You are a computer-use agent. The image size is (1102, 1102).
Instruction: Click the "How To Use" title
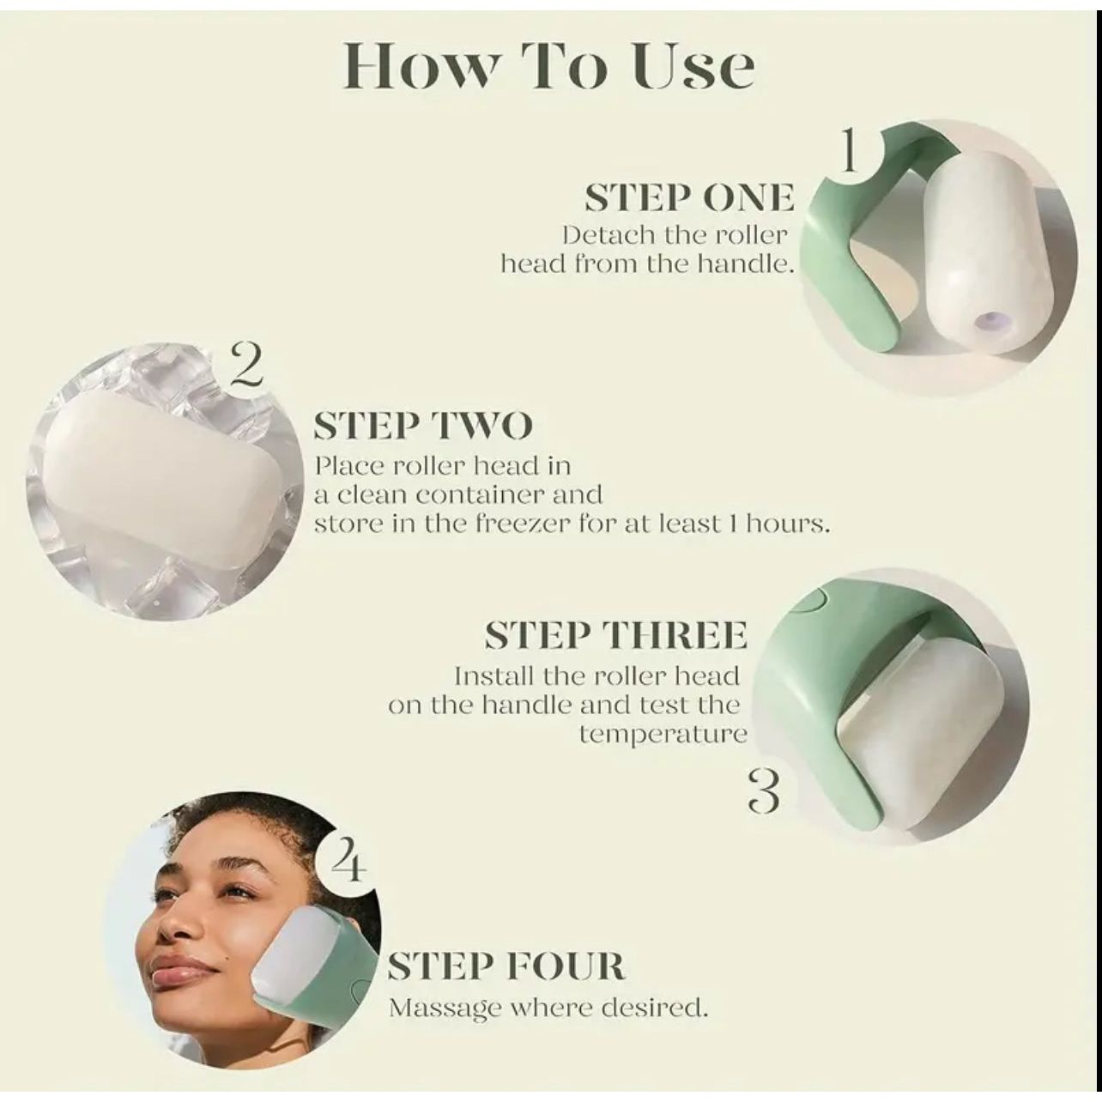pyautogui.click(x=549, y=68)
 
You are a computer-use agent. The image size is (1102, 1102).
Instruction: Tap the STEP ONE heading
pyautogui.click(x=689, y=198)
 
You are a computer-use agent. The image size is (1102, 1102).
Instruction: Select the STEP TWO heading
pyautogui.click(x=423, y=426)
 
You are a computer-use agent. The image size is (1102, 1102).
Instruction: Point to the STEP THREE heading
pyautogui.click(x=616, y=635)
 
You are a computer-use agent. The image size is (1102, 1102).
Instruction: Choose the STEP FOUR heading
pyautogui.click(x=506, y=967)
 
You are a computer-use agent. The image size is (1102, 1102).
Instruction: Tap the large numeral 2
pyautogui.click(x=246, y=366)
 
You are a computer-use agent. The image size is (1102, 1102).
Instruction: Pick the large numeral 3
pyautogui.click(x=764, y=791)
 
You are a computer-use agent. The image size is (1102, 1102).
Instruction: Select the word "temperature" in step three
pyautogui.click(x=663, y=734)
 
